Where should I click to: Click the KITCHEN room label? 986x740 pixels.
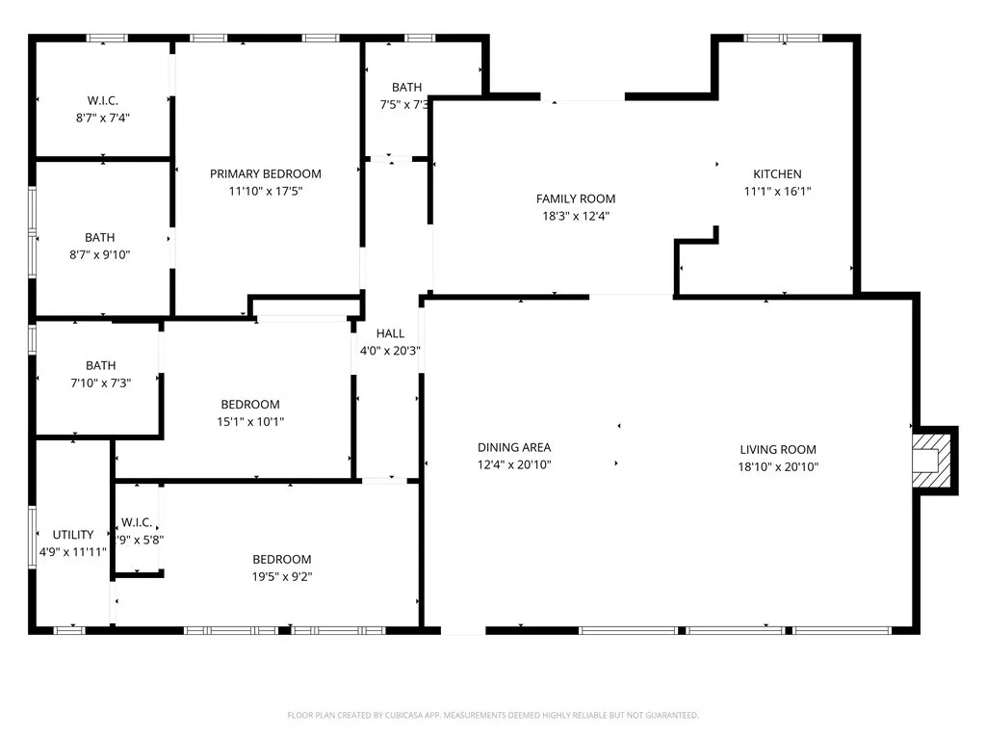click(x=777, y=174)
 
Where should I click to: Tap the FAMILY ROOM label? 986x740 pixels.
click(x=576, y=199)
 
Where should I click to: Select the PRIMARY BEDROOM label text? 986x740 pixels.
click(x=266, y=174)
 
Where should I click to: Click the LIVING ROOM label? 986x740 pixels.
click(x=778, y=450)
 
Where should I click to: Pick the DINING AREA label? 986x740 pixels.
click(x=514, y=447)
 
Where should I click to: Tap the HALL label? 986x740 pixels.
click(x=390, y=333)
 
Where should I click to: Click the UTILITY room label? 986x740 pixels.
click(x=73, y=535)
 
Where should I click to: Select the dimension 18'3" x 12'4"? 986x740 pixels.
click(x=576, y=217)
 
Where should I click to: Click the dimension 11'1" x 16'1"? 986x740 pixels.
click(x=777, y=192)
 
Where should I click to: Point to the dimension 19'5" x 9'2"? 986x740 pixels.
click(x=282, y=577)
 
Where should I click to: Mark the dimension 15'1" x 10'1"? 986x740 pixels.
click(x=250, y=422)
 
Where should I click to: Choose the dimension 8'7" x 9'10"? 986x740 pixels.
click(x=99, y=255)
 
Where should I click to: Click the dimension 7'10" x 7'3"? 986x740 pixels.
click(x=100, y=383)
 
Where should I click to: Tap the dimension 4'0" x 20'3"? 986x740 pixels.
click(x=390, y=351)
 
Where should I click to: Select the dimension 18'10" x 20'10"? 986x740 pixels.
click(x=778, y=467)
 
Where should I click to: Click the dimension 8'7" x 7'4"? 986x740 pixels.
click(x=102, y=118)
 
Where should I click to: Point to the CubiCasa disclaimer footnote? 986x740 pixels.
click(x=492, y=715)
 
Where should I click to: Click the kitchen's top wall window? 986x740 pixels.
click(x=782, y=39)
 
